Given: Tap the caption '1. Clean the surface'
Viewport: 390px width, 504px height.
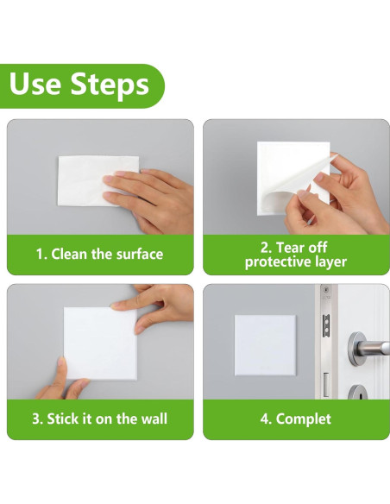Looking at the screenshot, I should pos(99,254).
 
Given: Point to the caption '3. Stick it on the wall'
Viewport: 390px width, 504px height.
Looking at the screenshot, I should pos(100,419).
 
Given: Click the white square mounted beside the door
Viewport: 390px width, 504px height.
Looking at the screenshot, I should pos(265,344).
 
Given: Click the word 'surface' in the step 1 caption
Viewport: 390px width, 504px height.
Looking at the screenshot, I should pos(139,254).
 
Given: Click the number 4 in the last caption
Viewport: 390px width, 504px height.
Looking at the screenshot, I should pos(263,419).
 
